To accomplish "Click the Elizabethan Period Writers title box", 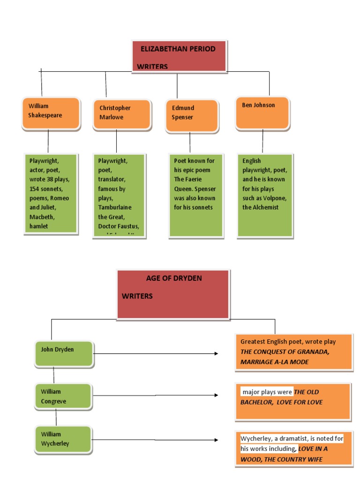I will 180,56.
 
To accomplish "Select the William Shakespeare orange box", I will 51,113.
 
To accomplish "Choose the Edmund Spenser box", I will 192,115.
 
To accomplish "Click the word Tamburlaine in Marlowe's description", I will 115,208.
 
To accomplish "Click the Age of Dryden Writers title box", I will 173,294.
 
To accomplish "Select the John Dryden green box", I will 63,354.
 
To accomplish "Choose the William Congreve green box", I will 63,396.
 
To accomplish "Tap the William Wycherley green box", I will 63,439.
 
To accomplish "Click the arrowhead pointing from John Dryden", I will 216,353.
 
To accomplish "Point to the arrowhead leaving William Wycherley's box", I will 216,440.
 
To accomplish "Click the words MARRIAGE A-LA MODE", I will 275,362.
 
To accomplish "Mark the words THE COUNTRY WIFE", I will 293,459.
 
